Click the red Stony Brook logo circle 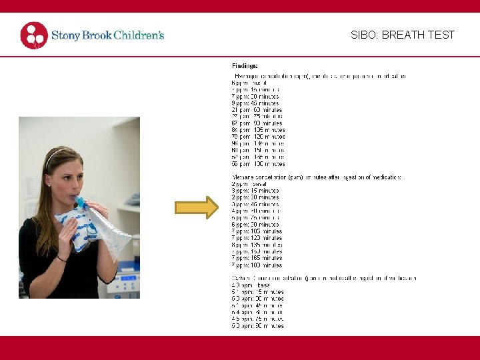pos(34,35)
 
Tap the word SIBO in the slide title pos(363,35)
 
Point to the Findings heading pos(245,66)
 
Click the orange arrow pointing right pos(196,207)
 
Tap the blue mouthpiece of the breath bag pos(81,201)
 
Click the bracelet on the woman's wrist pos(61,257)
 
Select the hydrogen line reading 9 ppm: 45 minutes pos(255,103)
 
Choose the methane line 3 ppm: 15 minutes pos(255,191)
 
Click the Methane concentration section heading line pos(316,177)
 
